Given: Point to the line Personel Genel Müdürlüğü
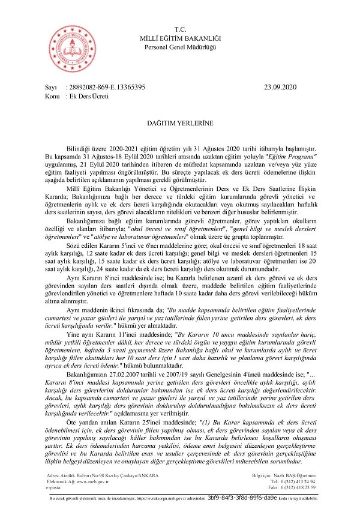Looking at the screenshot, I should [x=181, y=47].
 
